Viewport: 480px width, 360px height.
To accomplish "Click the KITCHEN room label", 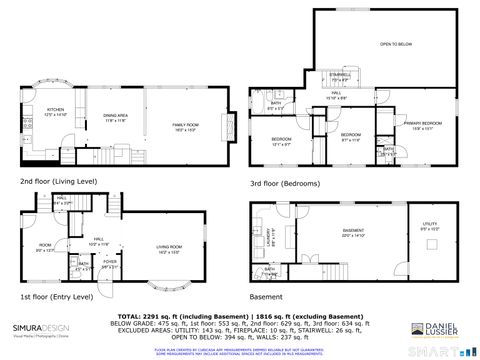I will pos(55,111).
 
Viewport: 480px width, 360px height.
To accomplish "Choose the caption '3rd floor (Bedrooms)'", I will pos(285,184).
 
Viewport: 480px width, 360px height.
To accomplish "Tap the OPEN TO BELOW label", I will pos(395,44).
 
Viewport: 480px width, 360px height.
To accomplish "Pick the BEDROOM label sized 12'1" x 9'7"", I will pos(281,140).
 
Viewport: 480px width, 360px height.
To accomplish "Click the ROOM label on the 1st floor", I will pos(46,246).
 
